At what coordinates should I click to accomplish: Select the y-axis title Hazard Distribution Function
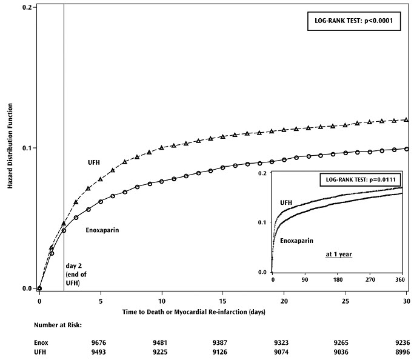pos(10,147)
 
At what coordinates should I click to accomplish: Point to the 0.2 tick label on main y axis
pos(27,7)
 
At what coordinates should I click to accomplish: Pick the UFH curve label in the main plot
pos(94,162)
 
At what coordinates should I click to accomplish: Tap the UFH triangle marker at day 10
pos(162,147)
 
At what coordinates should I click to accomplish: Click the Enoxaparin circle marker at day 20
pos(284,160)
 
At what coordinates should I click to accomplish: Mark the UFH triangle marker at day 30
pos(406,119)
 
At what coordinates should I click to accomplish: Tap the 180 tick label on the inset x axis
pos(336,281)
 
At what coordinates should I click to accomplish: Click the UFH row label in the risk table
pos(41,352)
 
